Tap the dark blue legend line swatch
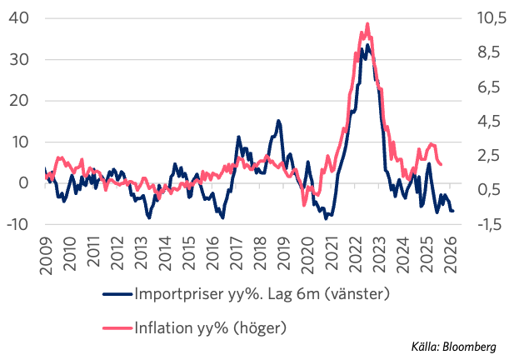click(x=116, y=294)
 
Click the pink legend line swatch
click(x=116, y=328)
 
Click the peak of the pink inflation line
click(x=367, y=24)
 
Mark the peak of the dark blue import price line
click(x=367, y=45)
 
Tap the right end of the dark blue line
click(x=453, y=211)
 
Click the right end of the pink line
click(x=441, y=164)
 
